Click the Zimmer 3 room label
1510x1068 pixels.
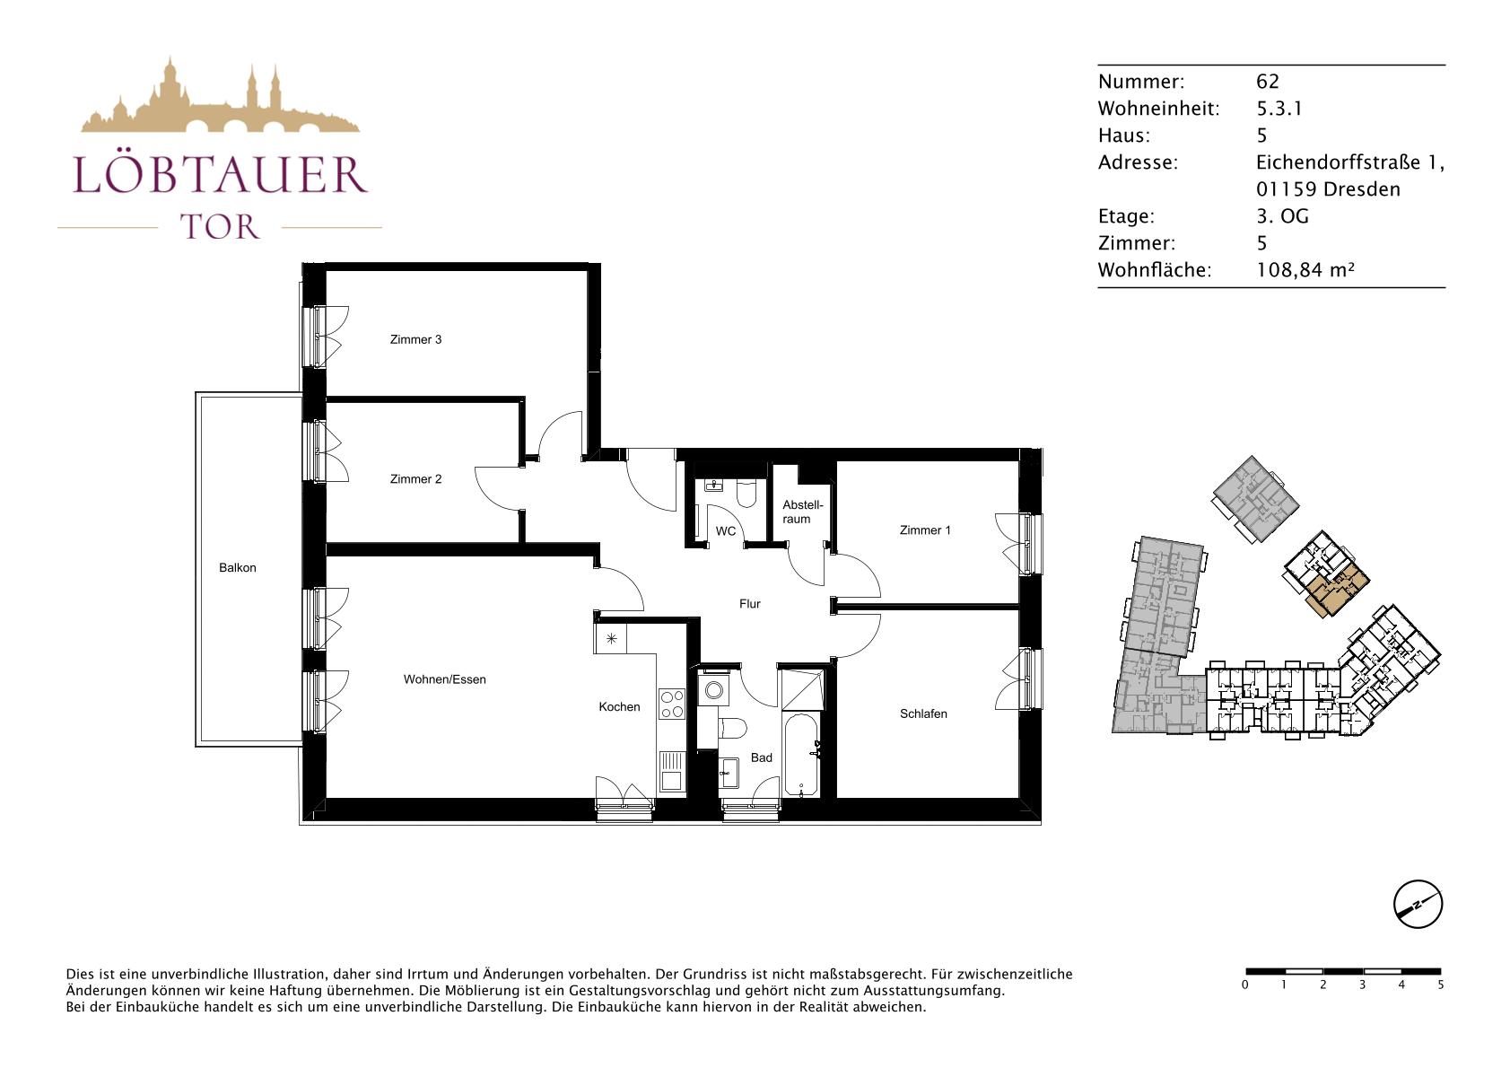pos(415,340)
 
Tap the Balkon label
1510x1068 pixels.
pos(237,568)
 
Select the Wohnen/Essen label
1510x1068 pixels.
pos(444,679)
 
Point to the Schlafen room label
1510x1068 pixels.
pos(923,713)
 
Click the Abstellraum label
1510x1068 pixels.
pos(802,512)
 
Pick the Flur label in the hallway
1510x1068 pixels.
pos(749,604)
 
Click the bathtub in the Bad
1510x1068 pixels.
pos(801,755)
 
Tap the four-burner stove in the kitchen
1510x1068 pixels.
pos(671,704)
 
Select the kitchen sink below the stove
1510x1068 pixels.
pos(671,771)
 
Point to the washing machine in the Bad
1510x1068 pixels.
pos(713,690)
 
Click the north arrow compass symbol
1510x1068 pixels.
pos(1418,904)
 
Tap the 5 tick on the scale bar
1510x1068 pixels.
pos(1441,985)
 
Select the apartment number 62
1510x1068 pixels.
pos(1268,82)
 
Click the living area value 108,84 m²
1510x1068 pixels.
pos(1305,270)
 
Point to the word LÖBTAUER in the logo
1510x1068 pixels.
pos(220,174)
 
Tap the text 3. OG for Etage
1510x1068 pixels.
pos(1282,216)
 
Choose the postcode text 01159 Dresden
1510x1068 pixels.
pos(1328,189)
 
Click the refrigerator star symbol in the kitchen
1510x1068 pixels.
pos(611,638)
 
